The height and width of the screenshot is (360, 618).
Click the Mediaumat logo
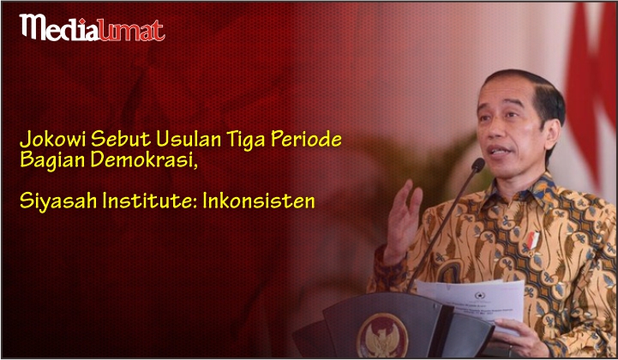coord(93,28)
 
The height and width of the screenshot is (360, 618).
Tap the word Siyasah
coord(58,201)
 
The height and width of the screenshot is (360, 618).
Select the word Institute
coord(149,201)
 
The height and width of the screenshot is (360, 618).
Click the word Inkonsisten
coord(259,201)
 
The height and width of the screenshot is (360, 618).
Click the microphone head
coord(478,165)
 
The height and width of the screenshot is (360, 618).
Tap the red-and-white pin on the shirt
coord(532,241)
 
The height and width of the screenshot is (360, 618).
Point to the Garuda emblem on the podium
coord(382,335)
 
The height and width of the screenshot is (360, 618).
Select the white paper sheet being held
coord(473,303)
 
